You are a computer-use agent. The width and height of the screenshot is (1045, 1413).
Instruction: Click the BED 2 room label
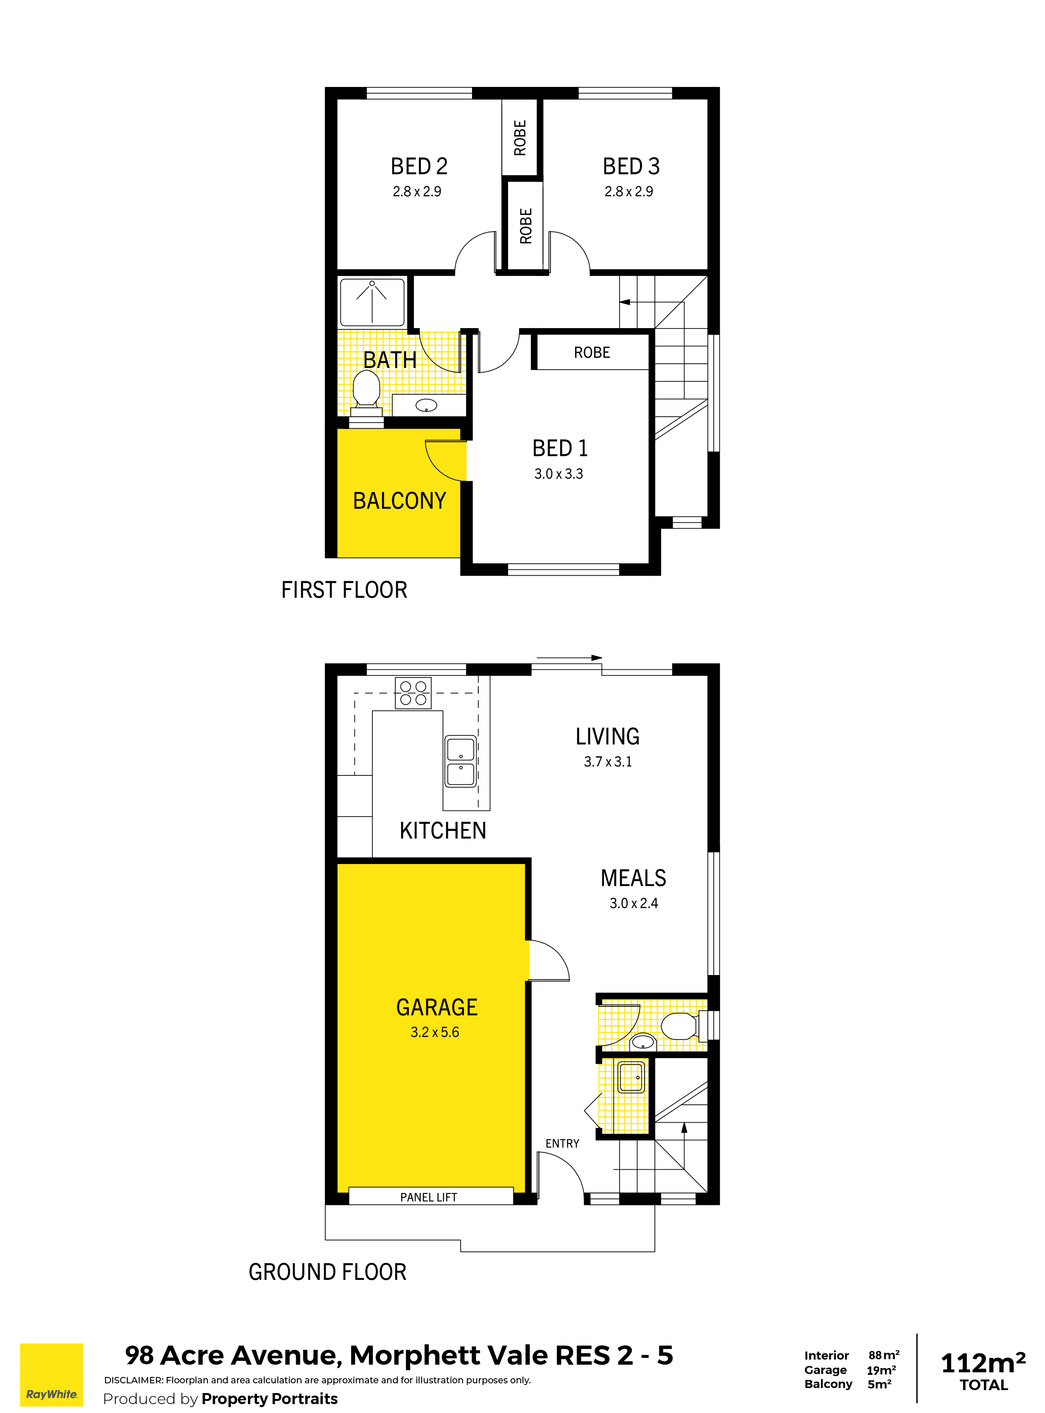pos(419,166)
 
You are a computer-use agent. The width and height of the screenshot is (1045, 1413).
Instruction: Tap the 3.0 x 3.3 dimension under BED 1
pos(559,474)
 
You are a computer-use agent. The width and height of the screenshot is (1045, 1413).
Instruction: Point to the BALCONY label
pos(399,501)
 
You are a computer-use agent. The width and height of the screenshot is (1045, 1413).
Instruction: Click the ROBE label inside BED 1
pos(592,352)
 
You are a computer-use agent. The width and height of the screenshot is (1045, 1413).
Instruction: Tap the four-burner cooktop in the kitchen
pos(413,693)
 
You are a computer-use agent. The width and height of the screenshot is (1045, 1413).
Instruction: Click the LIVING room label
pos(607,736)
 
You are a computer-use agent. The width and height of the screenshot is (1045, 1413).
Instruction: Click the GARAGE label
pos(436,1007)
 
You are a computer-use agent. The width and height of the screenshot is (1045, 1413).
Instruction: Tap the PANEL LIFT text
pos(428,1197)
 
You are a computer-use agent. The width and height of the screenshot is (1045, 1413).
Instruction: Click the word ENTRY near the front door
pos(562,1144)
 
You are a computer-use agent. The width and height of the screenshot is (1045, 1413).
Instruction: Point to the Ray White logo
pos(51,1375)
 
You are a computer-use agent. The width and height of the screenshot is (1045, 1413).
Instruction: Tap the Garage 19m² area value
pos(881,1370)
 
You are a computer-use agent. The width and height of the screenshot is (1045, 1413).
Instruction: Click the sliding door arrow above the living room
pos(569,658)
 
